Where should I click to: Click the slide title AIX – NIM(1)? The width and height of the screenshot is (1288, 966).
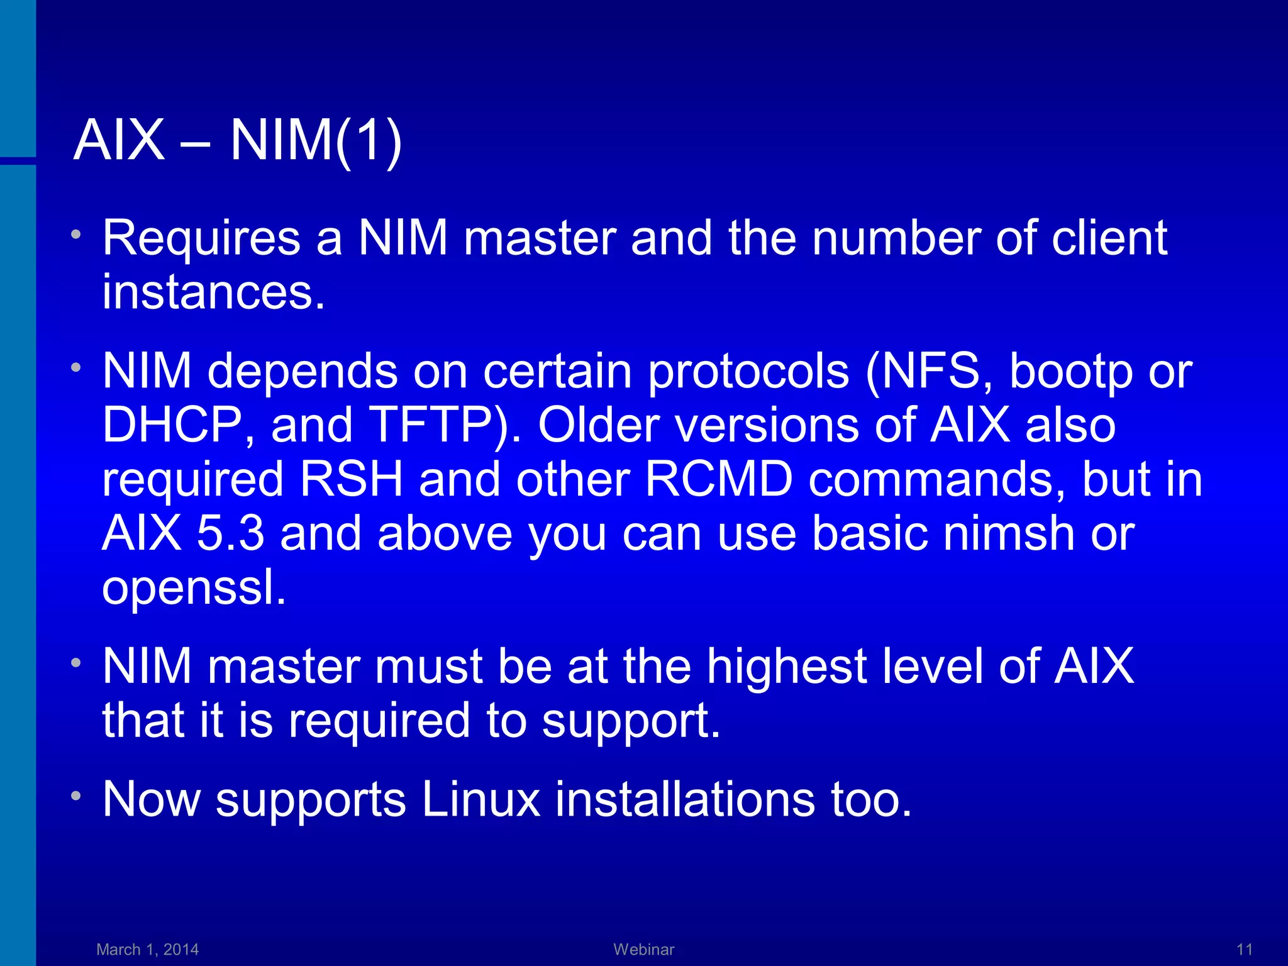tap(237, 140)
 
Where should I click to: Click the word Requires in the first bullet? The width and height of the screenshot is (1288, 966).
tap(201, 238)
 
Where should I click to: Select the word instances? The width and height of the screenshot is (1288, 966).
tap(213, 292)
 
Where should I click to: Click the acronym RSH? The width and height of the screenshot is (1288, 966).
tap(351, 479)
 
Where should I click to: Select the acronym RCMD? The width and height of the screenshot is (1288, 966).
tap(719, 479)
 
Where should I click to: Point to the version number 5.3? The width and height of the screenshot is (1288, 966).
tap(230, 533)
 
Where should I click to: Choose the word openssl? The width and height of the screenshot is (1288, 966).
tap(194, 588)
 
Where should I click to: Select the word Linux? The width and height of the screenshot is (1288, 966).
tap(480, 799)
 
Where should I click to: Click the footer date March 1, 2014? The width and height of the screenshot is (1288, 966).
tap(147, 949)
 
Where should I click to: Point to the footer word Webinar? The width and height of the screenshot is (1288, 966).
tap(643, 949)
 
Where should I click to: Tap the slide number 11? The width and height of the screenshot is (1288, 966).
tap(1244, 949)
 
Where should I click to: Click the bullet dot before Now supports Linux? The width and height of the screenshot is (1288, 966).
tap(76, 797)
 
